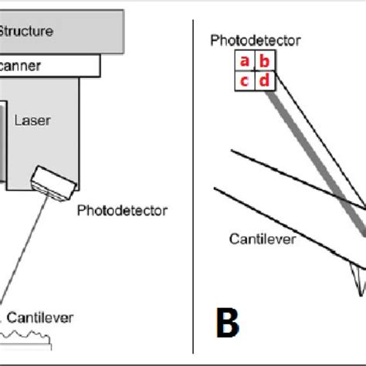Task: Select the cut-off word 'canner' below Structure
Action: (21, 66)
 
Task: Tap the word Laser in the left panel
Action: (32, 120)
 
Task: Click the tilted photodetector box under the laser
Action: (53, 183)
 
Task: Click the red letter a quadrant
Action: (244, 62)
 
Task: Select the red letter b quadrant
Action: (263, 62)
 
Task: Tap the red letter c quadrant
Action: (244, 80)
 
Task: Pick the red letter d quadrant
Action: (263, 80)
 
